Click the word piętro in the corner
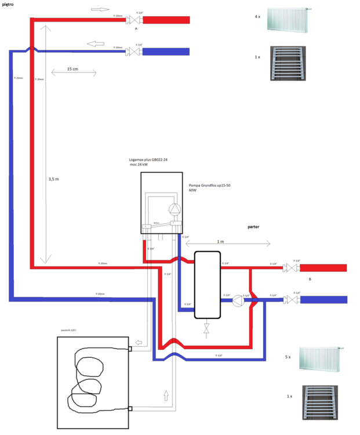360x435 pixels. coord(9,4)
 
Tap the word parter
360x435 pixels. coord(254,227)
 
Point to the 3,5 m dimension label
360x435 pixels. coord(53,180)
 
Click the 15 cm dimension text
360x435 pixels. coord(72,69)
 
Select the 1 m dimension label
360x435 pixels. coord(220,241)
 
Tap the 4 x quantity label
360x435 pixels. coord(257,17)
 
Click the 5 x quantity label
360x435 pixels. coord(288,358)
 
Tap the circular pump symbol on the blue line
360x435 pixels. coord(237,300)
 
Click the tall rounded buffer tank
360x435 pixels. coord(207,284)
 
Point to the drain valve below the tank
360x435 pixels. coord(206,329)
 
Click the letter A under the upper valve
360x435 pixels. coord(136,28)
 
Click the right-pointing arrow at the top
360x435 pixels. coord(100,10)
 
